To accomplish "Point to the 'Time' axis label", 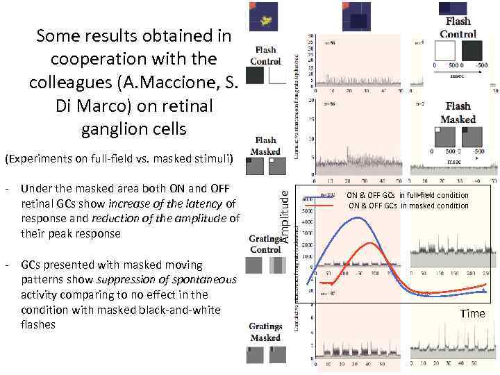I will click(473, 314).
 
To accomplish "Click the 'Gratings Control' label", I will click(265, 244).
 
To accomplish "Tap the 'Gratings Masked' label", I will click(265, 332).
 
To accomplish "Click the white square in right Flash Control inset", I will click(444, 52).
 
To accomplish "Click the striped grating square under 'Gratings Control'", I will click(276, 266).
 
